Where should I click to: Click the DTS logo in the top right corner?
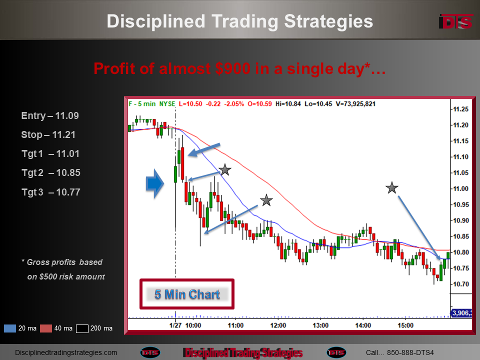[455, 22]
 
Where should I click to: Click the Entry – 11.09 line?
[50, 115]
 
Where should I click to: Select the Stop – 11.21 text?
[48, 134]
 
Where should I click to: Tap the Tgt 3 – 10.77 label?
[51, 192]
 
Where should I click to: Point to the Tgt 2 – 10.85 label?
[51, 173]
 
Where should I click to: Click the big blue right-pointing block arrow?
[155, 183]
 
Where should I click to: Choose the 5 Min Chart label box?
[187, 294]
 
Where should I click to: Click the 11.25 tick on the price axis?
[460, 109]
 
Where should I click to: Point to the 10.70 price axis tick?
[460, 284]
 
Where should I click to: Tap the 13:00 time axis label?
[320, 325]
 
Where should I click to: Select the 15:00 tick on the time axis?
[405, 325]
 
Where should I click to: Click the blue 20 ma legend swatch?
[10, 328]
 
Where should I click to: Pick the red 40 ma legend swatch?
[46, 328]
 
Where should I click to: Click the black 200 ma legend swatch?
[82, 328]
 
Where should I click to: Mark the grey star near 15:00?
[392, 188]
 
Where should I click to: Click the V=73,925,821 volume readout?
[355, 104]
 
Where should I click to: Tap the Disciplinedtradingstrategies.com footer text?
[66, 352]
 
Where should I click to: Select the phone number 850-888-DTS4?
[410, 352]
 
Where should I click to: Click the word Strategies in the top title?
[328, 21]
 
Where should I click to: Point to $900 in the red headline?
[232, 68]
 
